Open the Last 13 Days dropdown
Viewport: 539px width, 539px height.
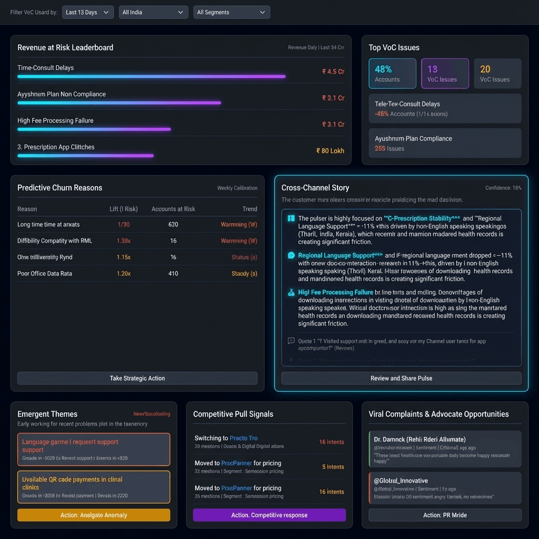tap(87, 12)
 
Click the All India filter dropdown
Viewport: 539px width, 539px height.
tap(153, 12)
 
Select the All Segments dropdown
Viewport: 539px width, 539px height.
tap(232, 12)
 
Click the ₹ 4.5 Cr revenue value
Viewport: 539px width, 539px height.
tap(333, 72)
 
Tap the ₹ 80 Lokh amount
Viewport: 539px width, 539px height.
tap(330, 151)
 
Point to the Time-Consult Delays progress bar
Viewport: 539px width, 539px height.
tap(152, 76)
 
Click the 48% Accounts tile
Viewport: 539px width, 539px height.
tap(392, 73)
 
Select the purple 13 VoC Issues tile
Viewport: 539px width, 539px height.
tap(445, 73)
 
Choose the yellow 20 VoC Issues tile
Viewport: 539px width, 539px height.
tap(497, 73)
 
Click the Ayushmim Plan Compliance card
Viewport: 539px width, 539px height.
tap(445, 143)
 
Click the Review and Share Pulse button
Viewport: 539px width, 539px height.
tap(401, 378)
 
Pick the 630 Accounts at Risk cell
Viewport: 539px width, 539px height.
tap(173, 224)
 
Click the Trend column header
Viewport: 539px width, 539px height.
tap(249, 209)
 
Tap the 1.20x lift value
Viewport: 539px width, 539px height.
tap(124, 273)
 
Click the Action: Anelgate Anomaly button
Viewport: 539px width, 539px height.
tap(94, 515)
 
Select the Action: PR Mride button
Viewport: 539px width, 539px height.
tap(445, 515)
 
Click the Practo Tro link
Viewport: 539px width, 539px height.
tap(243, 438)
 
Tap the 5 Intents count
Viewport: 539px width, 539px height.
tap(333, 467)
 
